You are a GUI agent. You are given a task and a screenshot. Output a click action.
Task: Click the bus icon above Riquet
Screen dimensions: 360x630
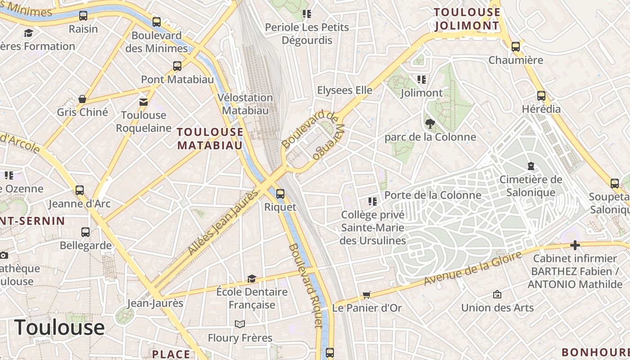point(280,194)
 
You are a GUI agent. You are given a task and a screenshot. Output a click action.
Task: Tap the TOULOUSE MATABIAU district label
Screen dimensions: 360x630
point(210,139)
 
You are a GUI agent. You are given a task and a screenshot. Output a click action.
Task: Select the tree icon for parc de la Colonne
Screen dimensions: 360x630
point(430,123)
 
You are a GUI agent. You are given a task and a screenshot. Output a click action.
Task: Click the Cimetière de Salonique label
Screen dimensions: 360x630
point(531,186)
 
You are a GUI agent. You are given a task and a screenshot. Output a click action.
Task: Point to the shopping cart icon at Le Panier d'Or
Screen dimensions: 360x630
point(367,295)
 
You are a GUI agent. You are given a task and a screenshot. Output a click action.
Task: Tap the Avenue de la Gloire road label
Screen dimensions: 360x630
point(473,269)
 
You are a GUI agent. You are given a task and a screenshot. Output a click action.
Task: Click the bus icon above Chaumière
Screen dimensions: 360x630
point(516,46)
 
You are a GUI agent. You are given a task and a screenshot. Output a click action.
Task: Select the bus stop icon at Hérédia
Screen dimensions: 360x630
point(541,96)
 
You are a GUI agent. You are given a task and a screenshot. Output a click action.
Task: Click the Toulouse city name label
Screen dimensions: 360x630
point(59,327)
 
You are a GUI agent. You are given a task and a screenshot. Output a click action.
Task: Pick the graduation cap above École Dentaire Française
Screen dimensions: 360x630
point(252,279)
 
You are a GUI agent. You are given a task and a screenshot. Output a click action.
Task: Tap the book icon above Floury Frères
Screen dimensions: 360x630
point(240,324)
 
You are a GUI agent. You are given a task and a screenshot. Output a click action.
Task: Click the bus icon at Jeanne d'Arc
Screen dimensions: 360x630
point(80,190)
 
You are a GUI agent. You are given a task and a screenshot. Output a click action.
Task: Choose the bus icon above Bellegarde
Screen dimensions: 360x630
point(85,232)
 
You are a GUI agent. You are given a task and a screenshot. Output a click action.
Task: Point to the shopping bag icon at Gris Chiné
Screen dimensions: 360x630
point(82,99)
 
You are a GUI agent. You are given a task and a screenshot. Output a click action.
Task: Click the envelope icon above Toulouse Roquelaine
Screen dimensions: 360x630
point(144,102)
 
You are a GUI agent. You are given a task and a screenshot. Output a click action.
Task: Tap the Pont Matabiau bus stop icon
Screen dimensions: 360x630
point(177,66)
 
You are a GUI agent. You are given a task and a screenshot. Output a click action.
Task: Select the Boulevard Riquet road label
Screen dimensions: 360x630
point(306,286)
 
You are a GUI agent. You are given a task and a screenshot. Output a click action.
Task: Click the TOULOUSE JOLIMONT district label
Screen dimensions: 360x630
point(467,19)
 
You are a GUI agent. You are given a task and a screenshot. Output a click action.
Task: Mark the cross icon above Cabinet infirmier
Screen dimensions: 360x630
point(575,246)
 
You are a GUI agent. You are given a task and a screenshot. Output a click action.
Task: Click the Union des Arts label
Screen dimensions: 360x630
point(497,308)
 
